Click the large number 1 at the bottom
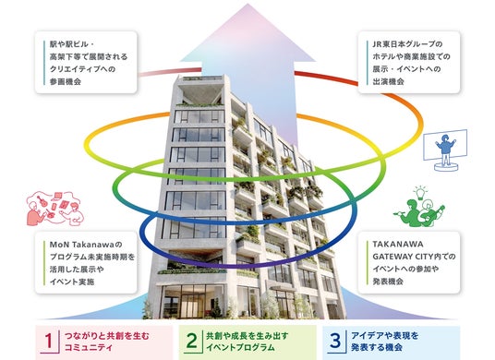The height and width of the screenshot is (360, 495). click(x=49, y=341)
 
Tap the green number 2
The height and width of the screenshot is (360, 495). click(x=191, y=341)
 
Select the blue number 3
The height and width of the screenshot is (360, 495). click(x=335, y=341)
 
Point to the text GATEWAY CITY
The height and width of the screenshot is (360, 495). click(x=398, y=257)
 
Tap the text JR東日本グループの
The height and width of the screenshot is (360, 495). click(x=407, y=44)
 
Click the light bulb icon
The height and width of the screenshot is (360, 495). click(x=420, y=193)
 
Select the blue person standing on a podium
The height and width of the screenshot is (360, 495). click(x=445, y=151)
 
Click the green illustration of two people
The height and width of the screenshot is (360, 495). click(x=419, y=212)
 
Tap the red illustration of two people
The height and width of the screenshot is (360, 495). click(x=54, y=209)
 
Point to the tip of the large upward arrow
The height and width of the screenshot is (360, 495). click(x=247, y=4)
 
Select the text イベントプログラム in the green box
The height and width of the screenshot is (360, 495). click(x=240, y=348)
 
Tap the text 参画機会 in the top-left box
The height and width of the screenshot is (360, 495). click(x=66, y=81)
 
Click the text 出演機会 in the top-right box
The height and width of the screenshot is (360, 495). click(x=388, y=81)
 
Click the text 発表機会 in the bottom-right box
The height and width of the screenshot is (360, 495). click(x=388, y=282)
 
